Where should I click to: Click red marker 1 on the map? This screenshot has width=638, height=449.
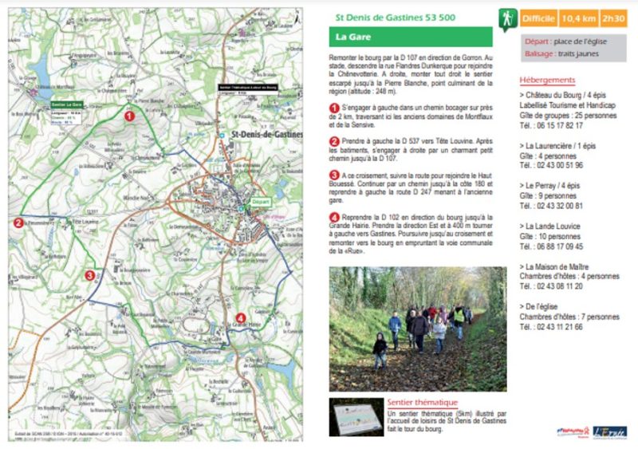[x=129, y=116]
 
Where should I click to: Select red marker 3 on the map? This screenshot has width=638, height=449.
[x=89, y=276]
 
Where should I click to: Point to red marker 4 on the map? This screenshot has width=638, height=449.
[x=241, y=319]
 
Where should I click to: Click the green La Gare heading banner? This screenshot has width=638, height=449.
[x=411, y=37]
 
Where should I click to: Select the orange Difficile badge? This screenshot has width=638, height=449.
[x=538, y=18]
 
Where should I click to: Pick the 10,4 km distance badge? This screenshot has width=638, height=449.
[x=580, y=18]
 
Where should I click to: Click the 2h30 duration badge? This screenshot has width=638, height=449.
[x=614, y=18]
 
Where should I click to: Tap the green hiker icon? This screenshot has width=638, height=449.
[x=508, y=18]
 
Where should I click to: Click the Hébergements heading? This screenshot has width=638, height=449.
[x=547, y=81]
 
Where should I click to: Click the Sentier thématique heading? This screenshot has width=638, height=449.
[x=422, y=403]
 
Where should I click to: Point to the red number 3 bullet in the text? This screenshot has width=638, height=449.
[x=335, y=174]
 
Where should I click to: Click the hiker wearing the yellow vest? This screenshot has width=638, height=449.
[x=459, y=317]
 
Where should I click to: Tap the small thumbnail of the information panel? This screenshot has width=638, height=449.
[x=356, y=416]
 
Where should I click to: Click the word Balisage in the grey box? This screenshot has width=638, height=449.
[x=540, y=54]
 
